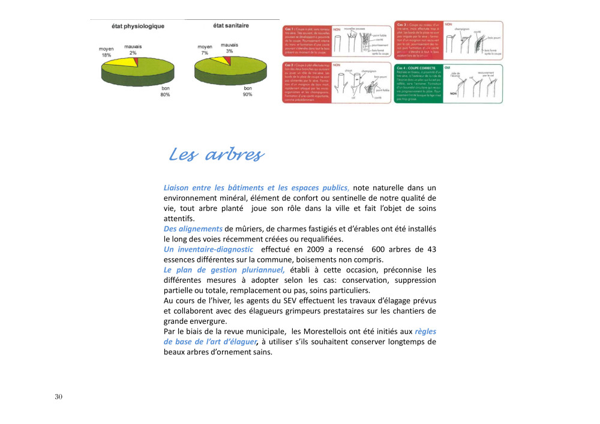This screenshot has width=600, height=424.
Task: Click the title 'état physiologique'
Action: (138, 26)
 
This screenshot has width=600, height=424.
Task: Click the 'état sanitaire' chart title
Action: (231, 25)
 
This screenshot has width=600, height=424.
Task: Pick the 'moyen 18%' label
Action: (106, 52)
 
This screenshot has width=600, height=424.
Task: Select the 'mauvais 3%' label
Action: (229, 48)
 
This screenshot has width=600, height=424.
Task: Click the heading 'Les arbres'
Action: (215, 155)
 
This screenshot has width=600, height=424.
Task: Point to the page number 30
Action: (58, 397)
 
